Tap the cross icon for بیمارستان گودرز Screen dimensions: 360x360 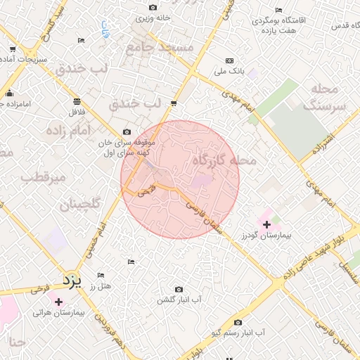[266, 224]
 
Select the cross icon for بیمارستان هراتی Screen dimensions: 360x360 [58, 302]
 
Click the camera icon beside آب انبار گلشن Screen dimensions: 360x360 [179, 290]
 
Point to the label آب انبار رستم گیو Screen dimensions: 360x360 [239, 332]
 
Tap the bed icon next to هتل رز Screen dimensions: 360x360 [101, 275]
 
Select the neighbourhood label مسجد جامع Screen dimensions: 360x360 [159, 47]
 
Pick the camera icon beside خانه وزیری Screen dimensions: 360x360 [153, 8]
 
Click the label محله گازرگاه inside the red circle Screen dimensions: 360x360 [224, 161]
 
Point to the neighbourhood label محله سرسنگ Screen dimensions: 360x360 [325, 97]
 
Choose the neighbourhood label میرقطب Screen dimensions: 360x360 [43, 177]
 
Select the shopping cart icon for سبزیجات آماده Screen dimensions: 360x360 [13, 50]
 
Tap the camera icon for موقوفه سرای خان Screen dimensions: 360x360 [127, 131]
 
